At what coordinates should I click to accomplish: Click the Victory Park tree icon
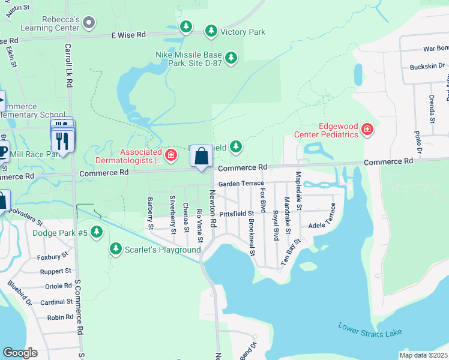[211, 31]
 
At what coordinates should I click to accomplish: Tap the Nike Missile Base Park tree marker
[231, 58]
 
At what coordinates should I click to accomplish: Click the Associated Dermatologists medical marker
[171, 156]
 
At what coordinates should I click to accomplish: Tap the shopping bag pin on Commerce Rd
[202, 157]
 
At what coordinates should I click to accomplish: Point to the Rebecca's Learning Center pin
[89, 23]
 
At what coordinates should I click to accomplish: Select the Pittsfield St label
[237, 214]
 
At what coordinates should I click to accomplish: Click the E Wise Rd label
[128, 35]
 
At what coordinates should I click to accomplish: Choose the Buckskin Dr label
[426, 66]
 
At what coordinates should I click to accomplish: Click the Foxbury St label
[52, 256]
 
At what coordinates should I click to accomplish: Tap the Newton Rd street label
[212, 209]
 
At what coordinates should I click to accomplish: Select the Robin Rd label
[60, 317]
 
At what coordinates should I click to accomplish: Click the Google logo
[20, 353]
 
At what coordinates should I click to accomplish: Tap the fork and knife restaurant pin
[63, 140]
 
